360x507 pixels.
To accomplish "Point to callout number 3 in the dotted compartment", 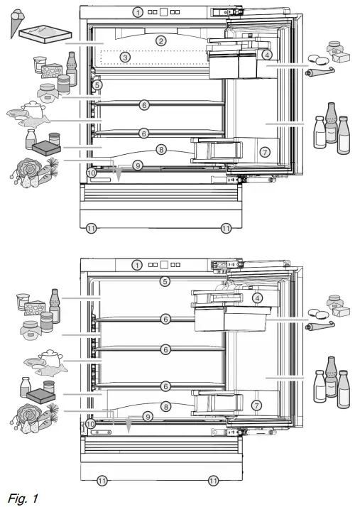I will coord(125,57).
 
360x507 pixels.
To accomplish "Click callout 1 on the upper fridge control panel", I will coord(136,12).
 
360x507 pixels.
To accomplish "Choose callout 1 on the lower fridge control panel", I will coord(136,265).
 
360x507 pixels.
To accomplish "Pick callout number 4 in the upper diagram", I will coord(266,55).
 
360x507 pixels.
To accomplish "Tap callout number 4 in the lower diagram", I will coord(258,299).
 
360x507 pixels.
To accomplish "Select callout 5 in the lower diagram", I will coord(165,281).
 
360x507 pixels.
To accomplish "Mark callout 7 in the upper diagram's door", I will coord(264,151).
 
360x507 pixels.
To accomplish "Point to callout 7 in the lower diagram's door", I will coord(257,405).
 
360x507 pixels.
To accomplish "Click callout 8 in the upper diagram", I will coord(162,149).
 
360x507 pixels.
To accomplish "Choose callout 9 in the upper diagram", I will coord(138,165).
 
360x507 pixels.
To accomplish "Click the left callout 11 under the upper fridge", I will coord(90,228).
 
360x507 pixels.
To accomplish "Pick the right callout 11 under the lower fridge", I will coord(214,481).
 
